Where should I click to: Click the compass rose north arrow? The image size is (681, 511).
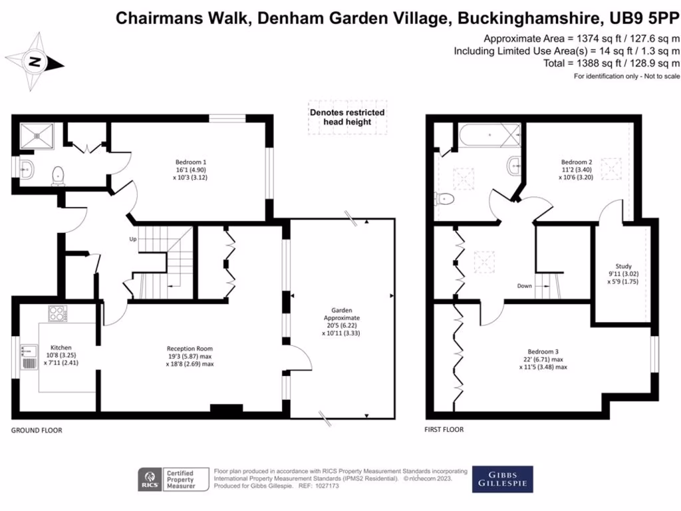[x=35, y=63]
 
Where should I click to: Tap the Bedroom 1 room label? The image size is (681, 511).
[x=191, y=170]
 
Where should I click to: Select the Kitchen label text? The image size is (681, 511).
[x=61, y=355]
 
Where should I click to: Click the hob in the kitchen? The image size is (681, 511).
[x=57, y=313]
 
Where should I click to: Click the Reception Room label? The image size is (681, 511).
[x=190, y=356]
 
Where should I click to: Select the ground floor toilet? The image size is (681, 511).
[x=59, y=175]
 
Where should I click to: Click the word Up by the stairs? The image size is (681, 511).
[x=133, y=239]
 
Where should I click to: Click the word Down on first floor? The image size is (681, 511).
[x=525, y=286]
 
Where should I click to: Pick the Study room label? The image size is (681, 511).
[x=623, y=273]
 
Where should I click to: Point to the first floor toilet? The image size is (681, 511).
[x=444, y=198]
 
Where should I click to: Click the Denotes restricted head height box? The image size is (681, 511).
[x=347, y=117]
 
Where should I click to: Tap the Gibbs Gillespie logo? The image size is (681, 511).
[x=502, y=478]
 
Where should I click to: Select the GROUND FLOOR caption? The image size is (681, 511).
[x=37, y=430]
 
